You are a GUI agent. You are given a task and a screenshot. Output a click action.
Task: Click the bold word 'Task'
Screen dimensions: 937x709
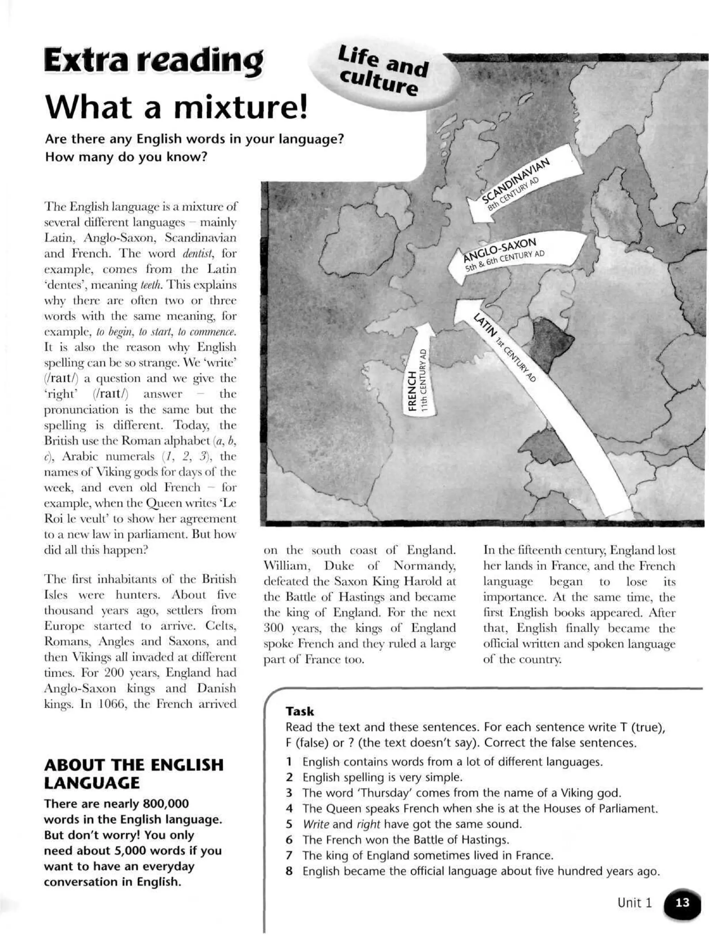tap(300, 711)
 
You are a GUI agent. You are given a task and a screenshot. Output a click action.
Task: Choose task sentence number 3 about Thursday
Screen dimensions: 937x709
tap(461, 792)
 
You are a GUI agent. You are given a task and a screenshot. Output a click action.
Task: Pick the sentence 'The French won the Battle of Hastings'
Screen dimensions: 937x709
tap(405, 839)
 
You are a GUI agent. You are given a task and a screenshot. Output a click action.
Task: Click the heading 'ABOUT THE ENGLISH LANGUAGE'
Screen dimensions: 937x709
tap(134, 773)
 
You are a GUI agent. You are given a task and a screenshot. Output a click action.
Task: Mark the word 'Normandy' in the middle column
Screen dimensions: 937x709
tap(424, 566)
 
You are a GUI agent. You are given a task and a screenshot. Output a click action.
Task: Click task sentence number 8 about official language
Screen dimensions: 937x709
tap(481, 871)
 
